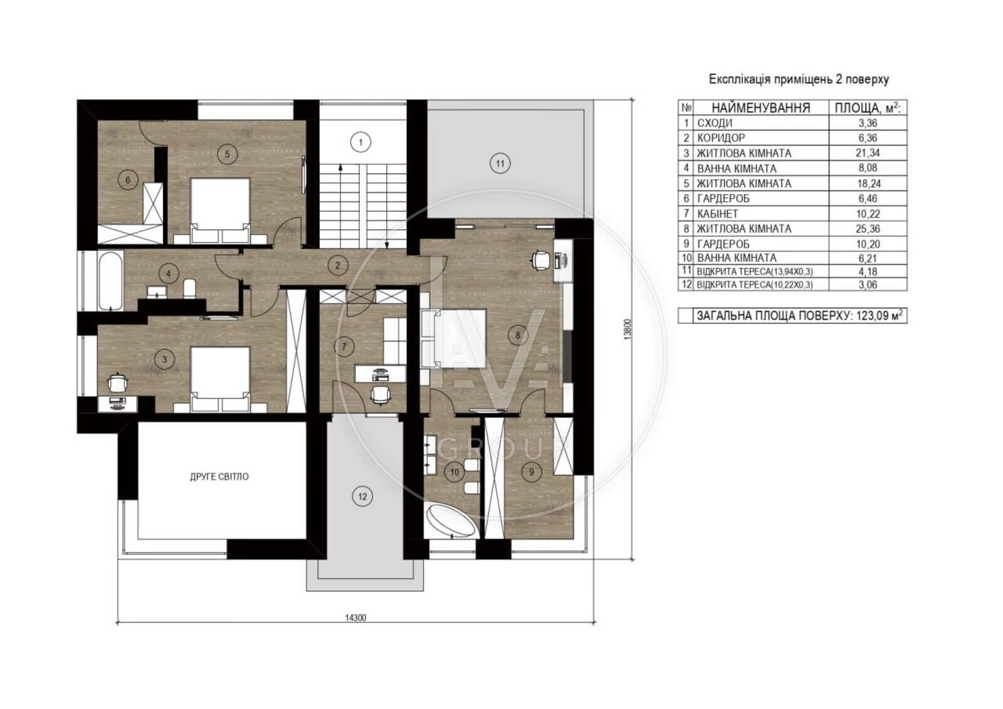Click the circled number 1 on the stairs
point(361,142)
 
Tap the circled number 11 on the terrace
point(500,164)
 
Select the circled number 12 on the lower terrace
point(362,496)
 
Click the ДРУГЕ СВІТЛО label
point(219,476)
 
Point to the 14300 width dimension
point(355,617)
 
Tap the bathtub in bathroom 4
point(110,280)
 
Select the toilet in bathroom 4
point(190,288)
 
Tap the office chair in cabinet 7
point(380,395)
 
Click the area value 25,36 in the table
point(868,229)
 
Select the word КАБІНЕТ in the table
point(718,214)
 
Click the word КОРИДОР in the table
point(720,138)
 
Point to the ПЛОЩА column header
point(868,107)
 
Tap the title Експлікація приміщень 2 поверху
point(799,80)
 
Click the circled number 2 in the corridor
point(338,265)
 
